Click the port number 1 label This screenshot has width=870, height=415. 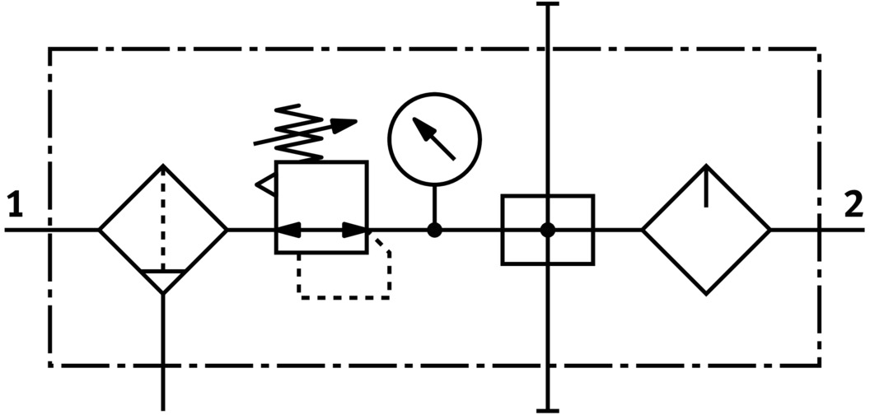pyautogui.click(x=14, y=205)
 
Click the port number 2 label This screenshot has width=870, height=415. pyautogui.click(x=854, y=205)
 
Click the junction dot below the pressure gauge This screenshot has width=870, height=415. pyautogui.click(x=434, y=230)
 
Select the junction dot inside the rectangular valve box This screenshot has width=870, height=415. pyautogui.click(x=548, y=230)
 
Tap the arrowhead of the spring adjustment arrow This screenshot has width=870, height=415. pyautogui.click(x=349, y=124)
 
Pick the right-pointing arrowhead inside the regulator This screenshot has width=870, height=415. pyautogui.click(x=356, y=230)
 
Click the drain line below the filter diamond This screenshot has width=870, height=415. pyautogui.click(x=163, y=346)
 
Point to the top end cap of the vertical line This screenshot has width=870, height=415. pyautogui.click(x=548, y=5)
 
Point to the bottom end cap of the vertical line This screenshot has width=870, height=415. pyautogui.click(x=548, y=409)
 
